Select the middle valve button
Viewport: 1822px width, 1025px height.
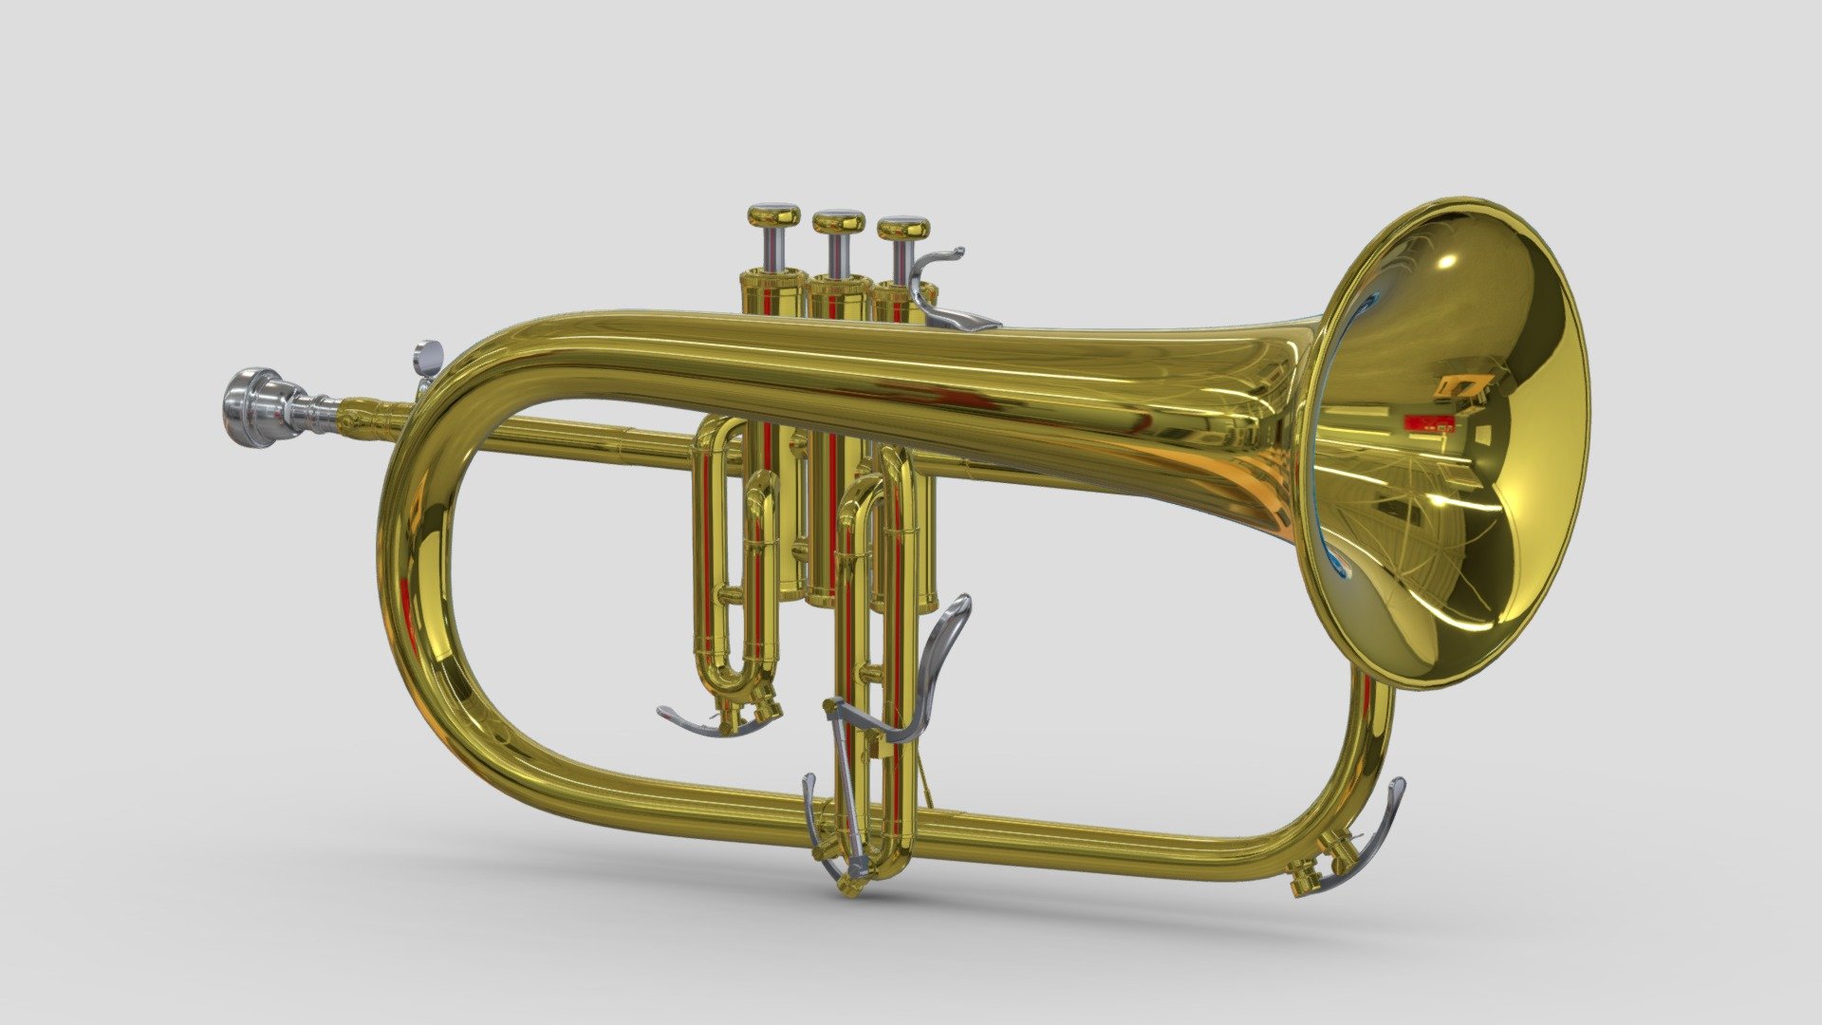838,222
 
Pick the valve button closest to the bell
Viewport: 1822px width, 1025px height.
902,229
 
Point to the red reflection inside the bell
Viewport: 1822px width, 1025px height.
1427,423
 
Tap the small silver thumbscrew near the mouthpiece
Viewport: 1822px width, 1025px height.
428,358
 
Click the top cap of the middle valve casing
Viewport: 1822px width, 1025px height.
839,282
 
